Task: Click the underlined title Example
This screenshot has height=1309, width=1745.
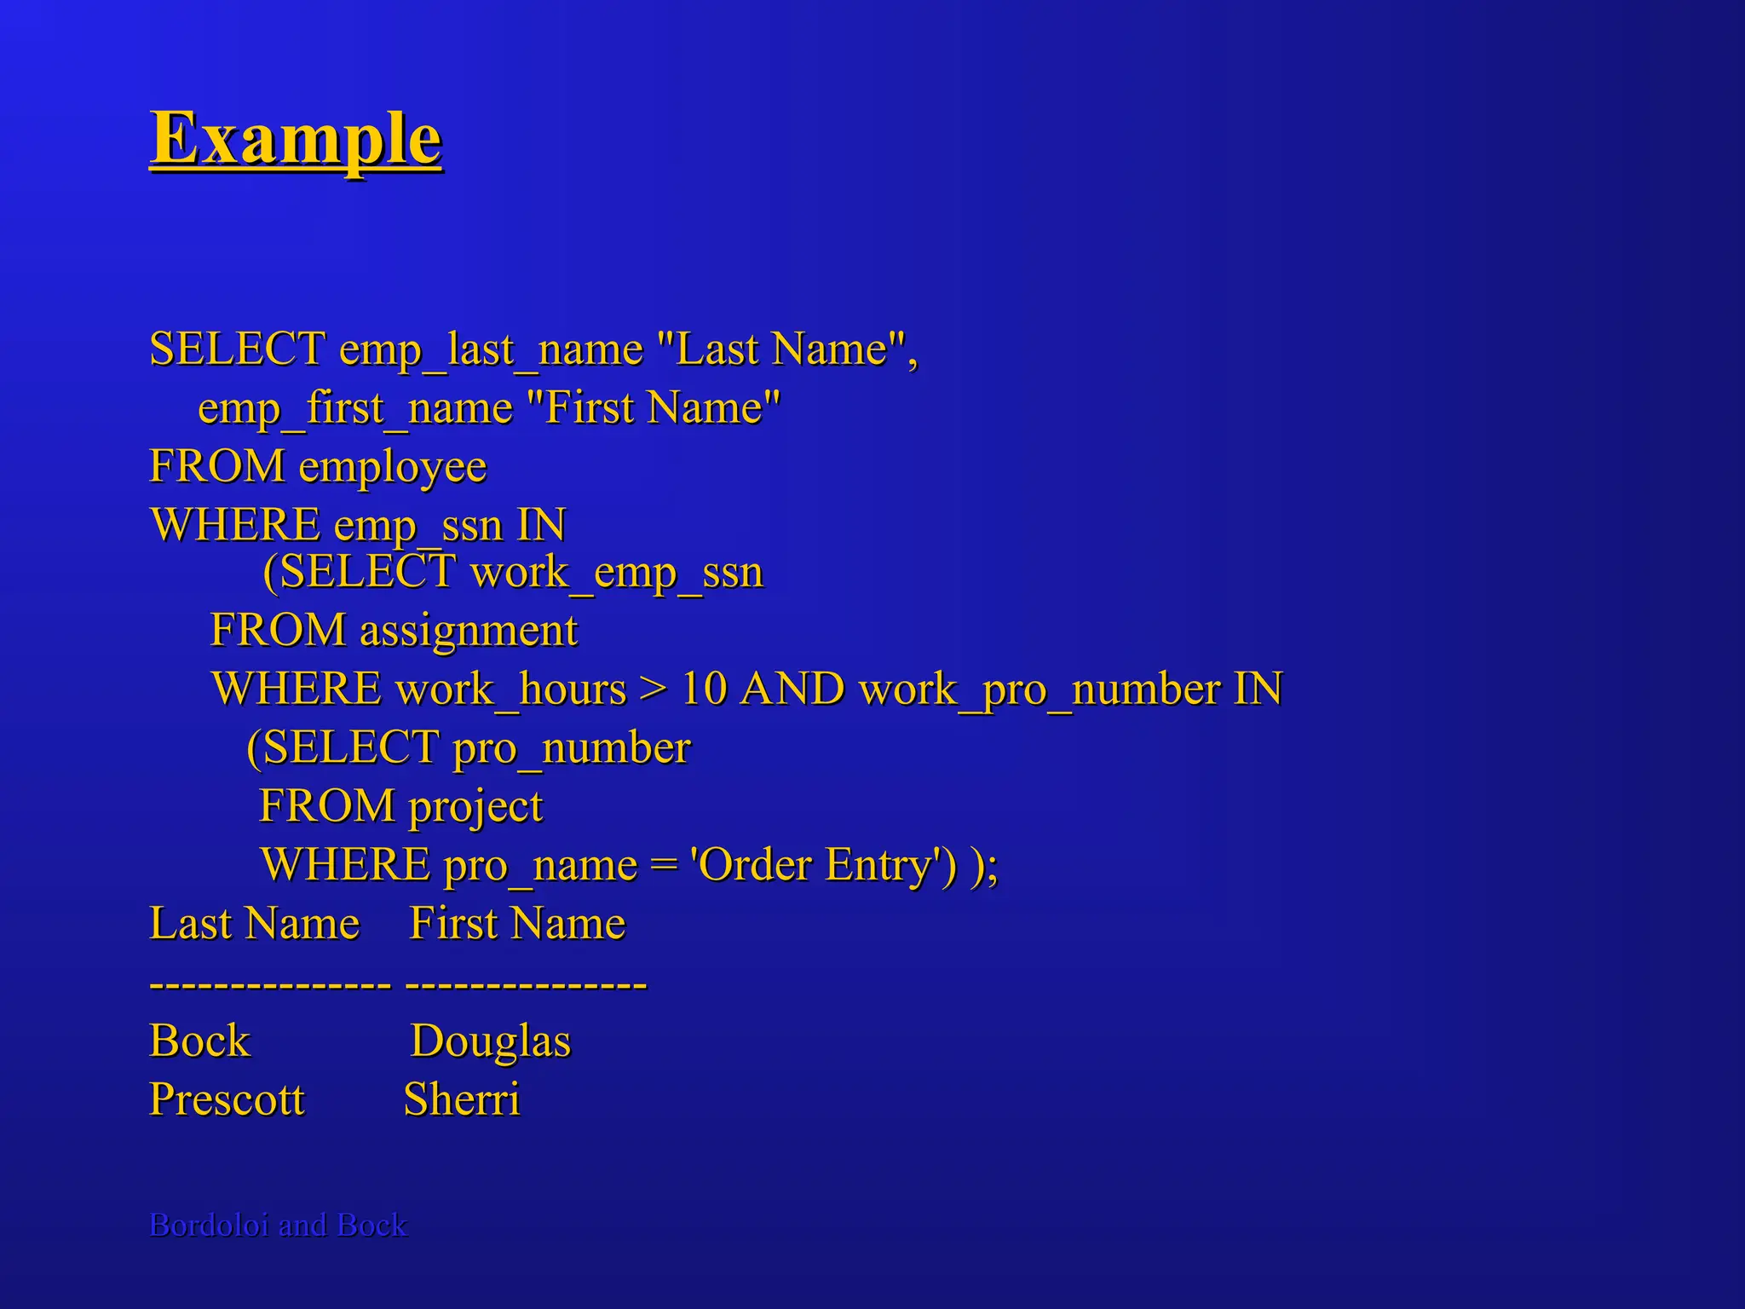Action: point(296,139)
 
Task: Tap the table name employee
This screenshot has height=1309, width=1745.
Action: point(392,467)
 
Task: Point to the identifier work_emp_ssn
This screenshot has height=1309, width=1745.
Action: point(617,572)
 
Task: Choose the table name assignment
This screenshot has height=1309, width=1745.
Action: point(469,631)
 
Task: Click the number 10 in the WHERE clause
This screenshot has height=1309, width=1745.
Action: point(703,689)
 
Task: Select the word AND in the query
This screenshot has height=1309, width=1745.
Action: point(792,689)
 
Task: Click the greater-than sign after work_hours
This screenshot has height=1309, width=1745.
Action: point(654,689)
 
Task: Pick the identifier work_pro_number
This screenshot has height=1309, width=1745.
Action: point(1040,689)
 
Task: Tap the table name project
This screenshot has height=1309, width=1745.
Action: point(475,806)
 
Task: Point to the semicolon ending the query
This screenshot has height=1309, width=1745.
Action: point(993,867)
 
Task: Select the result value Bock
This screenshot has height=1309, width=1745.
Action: point(199,1041)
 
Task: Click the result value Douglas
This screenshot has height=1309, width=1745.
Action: point(490,1041)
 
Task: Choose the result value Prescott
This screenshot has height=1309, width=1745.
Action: point(227,1099)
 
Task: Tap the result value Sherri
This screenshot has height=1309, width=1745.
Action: point(461,1099)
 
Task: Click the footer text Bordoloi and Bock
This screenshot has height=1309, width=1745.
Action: point(278,1225)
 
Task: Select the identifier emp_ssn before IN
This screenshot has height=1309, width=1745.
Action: point(418,526)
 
